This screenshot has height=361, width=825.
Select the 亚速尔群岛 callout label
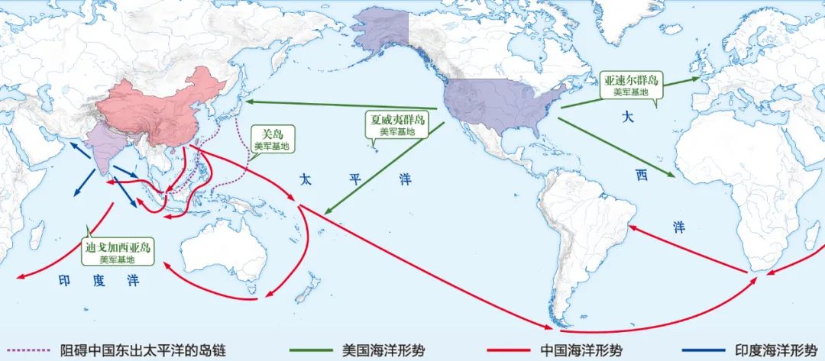(x=631, y=84)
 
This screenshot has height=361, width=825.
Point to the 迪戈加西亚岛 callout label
(x=119, y=252)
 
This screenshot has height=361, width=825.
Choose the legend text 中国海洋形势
(x=581, y=351)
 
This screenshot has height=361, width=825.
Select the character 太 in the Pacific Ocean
(x=305, y=180)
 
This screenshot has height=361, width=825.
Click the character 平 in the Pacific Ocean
(x=354, y=180)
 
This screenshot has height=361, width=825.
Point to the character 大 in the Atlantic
(x=627, y=118)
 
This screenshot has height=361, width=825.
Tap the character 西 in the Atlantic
(x=640, y=175)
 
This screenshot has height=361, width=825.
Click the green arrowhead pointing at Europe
(x=697, y=77)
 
